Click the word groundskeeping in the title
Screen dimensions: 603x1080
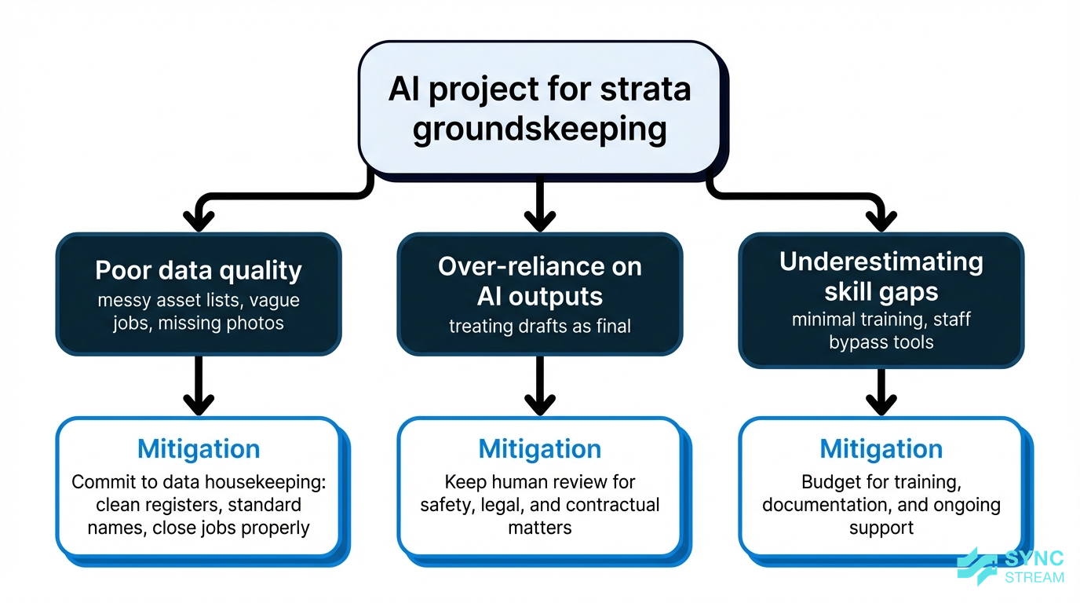(x=539, y=130)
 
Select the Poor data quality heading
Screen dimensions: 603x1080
(x=199, y=270)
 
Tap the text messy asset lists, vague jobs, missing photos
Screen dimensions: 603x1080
(x=199, y=312)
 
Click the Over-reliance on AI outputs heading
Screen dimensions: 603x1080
(x=539, y=281)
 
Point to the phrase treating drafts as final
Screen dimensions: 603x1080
(x=539, y=325)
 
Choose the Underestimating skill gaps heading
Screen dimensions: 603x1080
(x=881, y=276)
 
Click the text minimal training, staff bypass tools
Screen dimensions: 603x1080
(x=881, y=331)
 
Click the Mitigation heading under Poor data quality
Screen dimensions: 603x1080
(x=199, y=449)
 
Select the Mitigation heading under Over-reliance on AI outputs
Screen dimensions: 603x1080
(x=539, y=449)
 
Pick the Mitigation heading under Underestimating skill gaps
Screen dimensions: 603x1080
(x=881, y=449)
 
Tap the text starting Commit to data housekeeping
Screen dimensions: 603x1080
(x=199, y=505)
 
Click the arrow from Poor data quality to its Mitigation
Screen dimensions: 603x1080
(x=199, y=385)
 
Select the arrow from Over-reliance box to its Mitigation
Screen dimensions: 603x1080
(x=539, y=385)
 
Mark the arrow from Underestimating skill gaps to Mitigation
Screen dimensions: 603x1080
(x=881, y=390)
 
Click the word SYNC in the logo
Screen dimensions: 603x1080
(x=1034, y=559)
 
